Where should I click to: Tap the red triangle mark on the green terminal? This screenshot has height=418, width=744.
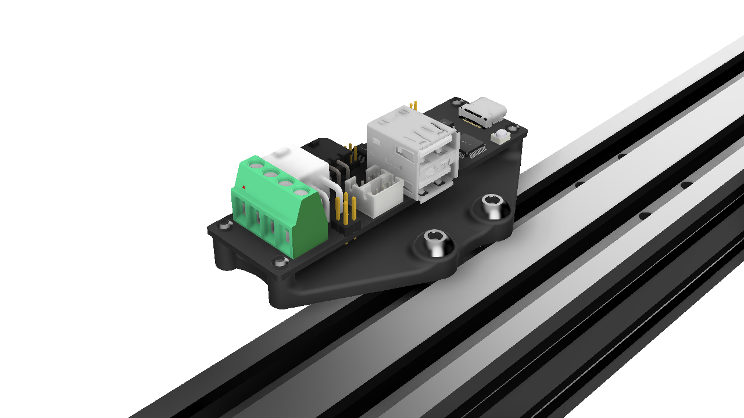(x=244, y=187)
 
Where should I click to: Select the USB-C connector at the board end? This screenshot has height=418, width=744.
(x=483, y=112)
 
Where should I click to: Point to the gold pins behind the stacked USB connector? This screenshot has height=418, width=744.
(x=414, y=106)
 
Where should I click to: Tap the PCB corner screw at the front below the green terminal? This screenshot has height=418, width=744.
(x=280, y=262)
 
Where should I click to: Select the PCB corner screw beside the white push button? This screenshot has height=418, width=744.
(x=512, y=128)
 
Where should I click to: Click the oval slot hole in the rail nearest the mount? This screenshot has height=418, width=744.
(x=645, y=216)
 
